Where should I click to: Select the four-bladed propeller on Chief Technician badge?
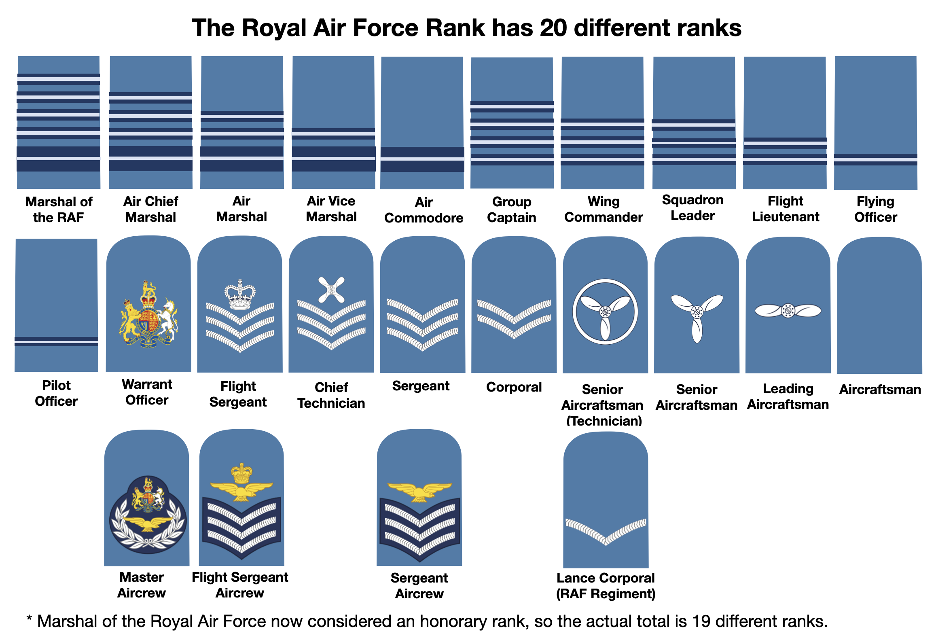pos(331,290)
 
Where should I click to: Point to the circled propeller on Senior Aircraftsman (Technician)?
pos(605,311)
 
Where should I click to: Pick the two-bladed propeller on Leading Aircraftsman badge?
pos(788,311)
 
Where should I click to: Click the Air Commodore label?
pos(424,210)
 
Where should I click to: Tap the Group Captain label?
pos(512,210)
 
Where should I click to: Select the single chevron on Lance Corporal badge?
pos(606,531)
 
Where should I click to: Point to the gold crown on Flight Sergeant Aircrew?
pos(241,474)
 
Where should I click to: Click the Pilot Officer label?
pos(56,393)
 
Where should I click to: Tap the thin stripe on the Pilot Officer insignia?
pos(56,341)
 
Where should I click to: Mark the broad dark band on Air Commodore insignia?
pos(422,159)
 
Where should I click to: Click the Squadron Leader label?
pos(692,208)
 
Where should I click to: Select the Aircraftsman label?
pos(880,390)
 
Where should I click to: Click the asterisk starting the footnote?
pos(29,619)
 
